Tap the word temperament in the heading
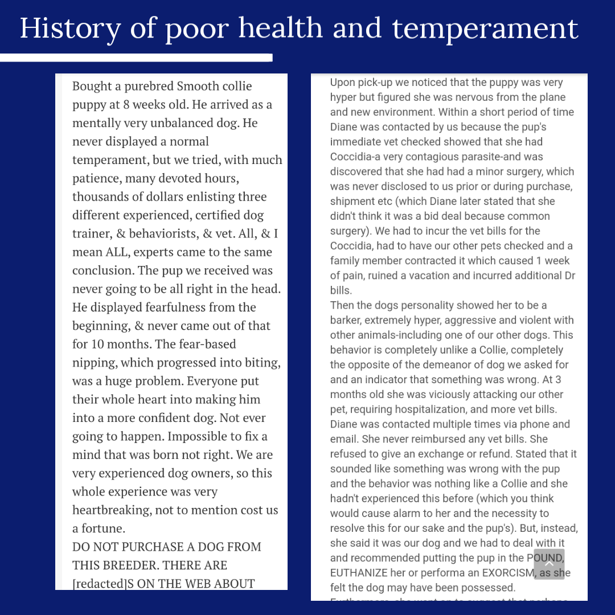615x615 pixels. click(x=486, y=28)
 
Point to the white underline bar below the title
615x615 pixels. click(x=137, y=58)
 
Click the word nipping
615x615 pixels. click(x=94, y=363)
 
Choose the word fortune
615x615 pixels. click(x=103, y=528)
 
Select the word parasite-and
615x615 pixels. click(x=509, y=157)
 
